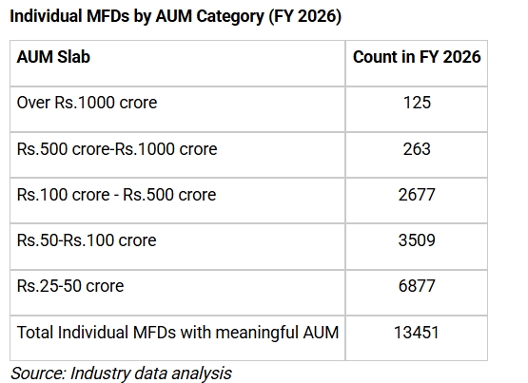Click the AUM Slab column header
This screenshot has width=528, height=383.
click(x=53, y=56)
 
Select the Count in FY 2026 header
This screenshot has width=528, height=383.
click(x=417, y=56)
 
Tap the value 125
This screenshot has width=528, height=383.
click(x=417, y=103)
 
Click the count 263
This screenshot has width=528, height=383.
click(x=417, y=148)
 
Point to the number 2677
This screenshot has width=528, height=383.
click(x=417, y=195)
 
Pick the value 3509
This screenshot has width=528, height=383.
click(x=417, y=240)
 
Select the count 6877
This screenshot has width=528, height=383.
click(x=417, y=286)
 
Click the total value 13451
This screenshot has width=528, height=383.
click(x=417, y=333)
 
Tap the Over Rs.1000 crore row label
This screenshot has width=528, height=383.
click(x=87, y=103)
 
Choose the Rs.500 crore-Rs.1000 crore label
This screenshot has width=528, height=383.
click(x=117, y=148)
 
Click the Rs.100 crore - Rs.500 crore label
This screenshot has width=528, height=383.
click(x=116, y=195)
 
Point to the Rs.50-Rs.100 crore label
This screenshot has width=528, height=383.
click(x=87, y=240)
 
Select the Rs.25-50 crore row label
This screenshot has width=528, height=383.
click(x=70, y=286)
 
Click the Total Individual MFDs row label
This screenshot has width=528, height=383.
click(x=178, y=333)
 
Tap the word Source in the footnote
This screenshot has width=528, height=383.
click(x=38, y=373)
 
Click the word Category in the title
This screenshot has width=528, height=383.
click(x=230, y=17)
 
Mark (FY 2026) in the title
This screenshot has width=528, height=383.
click(x=305, y=16)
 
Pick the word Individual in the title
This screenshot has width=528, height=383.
click(x=46, y=16)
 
